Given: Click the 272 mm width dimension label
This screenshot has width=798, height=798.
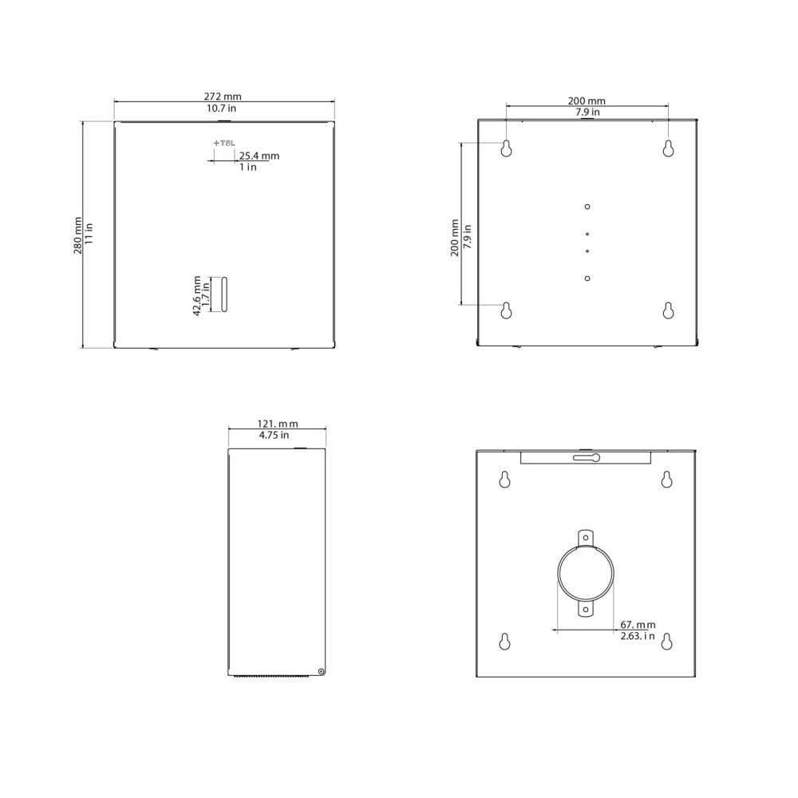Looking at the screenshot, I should (x=223, y=96).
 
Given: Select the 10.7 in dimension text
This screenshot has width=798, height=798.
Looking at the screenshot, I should (x=223, y=107).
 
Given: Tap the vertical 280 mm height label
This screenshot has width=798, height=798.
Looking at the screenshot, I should (x=78, y=235).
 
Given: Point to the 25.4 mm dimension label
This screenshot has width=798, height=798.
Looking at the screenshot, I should (x=259, y=156).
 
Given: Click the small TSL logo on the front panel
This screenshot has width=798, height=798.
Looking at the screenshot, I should (x=224, y=143).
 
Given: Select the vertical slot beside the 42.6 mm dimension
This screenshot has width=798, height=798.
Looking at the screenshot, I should (x=224, y=294).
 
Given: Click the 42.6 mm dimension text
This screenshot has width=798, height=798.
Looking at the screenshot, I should (x=197, y=295).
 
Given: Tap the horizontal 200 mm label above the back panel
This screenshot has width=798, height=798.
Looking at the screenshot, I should (x=587, y=101).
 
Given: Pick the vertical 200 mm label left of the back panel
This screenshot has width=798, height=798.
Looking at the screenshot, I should (x=454, y=237).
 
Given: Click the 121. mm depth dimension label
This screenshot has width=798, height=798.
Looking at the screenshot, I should (x=278, y=424).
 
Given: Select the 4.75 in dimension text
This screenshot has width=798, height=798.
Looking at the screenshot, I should (x=275, y=436).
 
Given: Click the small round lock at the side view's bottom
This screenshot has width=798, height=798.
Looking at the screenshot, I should (x=321, y=671).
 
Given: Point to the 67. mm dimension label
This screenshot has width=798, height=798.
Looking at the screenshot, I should (x=638, y=624).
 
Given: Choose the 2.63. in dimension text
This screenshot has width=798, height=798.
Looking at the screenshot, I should (x=638, y=636).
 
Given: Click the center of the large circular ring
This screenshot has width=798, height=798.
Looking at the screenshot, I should (x=587, y=573).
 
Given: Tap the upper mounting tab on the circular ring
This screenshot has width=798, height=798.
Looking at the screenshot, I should (x=587, y=536).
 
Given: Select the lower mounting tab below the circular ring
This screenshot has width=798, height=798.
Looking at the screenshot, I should (x=587, y=610).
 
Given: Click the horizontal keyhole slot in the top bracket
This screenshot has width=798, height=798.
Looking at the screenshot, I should (x=587, y=457).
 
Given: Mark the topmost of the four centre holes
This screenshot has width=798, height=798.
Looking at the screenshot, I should (x=587, y=207).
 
